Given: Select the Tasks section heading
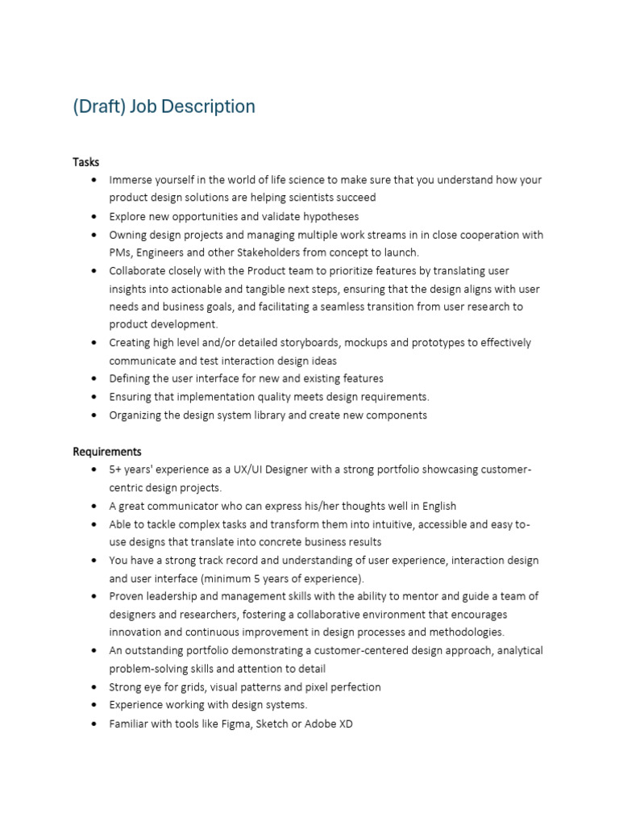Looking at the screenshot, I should tap(86, 162).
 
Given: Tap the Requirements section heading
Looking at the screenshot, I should tap(107, 452).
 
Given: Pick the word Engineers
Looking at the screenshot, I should tap(161, 252).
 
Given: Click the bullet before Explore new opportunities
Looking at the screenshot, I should tap(95, 217).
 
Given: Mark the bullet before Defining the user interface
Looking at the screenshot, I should tap(95, 379).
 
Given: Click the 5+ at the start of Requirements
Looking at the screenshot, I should tap(116, 469).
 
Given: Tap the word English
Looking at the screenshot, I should tap(437, 506).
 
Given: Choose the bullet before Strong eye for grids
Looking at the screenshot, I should tap(95, 688).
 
